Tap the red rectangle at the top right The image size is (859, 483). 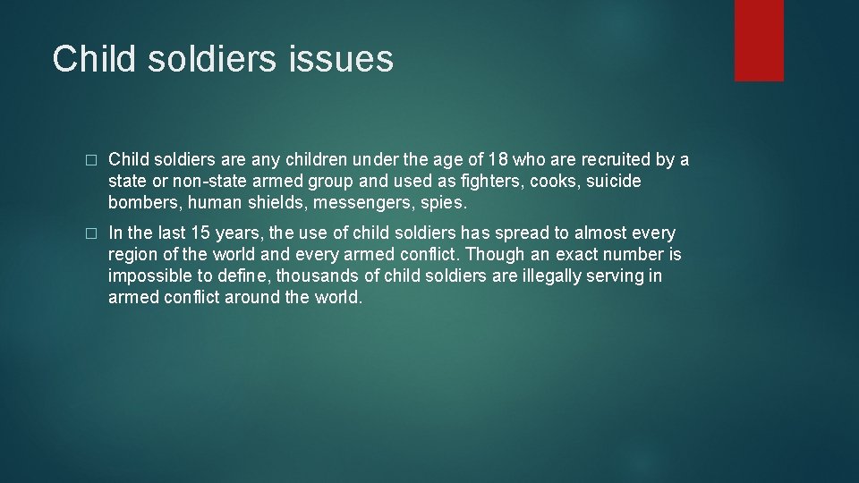pyautogui.click(x=759, y=40)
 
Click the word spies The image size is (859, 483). pyautogui.click(x=443, y=203)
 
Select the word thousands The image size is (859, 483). pyautogui.click(x=313, y=276)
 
